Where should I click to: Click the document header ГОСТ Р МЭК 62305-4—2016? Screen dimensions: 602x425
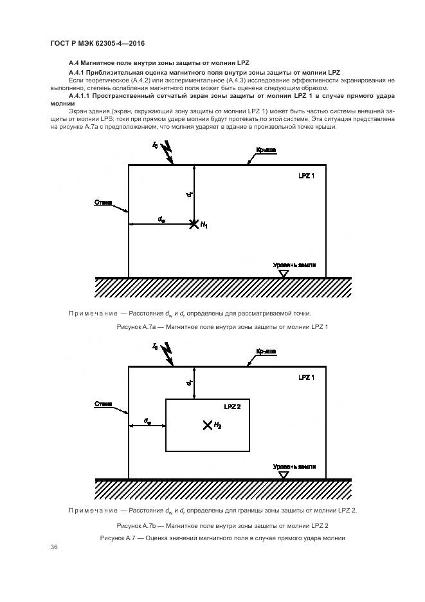pos(97,43)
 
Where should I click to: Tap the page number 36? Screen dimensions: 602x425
pos(54,547)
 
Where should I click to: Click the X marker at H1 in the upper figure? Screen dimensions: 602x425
pos(193,224)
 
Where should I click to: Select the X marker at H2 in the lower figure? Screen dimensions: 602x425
pos(207,425)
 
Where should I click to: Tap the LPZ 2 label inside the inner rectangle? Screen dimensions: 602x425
pos(232,407)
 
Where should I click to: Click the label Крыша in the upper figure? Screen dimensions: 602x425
pos(266,149)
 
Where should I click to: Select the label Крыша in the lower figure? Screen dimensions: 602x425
pos(266,351)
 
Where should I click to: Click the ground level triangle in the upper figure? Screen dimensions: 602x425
pos(284,273)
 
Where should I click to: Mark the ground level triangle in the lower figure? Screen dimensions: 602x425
pos(284,475)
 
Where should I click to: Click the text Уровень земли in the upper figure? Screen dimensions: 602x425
pos(294,265)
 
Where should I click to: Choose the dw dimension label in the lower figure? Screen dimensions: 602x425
pos(148,421)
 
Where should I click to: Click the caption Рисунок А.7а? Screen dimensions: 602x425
pos(222,327)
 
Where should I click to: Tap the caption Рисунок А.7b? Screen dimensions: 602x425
pos(222,525)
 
